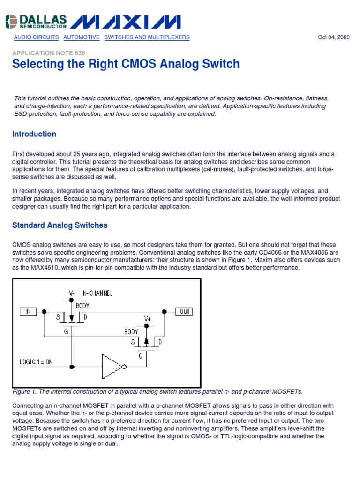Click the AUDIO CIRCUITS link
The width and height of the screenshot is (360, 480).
pos(36,37)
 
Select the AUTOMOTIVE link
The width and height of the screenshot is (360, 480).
pos(82,37)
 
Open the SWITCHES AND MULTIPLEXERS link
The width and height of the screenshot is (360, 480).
pos(147,37)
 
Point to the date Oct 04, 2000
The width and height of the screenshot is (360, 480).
pos(334,37)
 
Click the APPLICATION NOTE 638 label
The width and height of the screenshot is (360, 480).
pos(49,53)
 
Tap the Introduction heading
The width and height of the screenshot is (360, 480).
pos(34,134)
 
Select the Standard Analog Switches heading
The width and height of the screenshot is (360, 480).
pos(60,225)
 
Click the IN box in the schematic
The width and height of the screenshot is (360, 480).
pos(28,311)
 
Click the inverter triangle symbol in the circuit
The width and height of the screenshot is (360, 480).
pos(112,366)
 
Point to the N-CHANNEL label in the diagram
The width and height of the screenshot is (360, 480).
pos(97,293)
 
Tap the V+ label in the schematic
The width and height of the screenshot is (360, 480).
pos(147,319)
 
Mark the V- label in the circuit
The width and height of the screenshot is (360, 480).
pos(72,293)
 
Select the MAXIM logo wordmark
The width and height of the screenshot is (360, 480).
pos(125,21)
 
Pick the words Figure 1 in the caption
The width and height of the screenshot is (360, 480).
pos(24,391)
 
